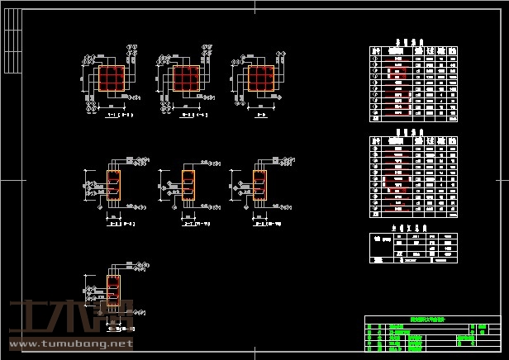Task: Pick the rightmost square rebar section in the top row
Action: click(260, 79)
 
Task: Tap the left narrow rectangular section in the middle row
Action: click(114, 186)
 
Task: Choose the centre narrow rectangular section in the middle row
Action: click(188, 186)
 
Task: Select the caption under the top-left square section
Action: click(121, 116)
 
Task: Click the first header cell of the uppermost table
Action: click(378, 50)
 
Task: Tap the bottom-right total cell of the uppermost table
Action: click(451, 118)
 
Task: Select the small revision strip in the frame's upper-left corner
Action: click(14, 41)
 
